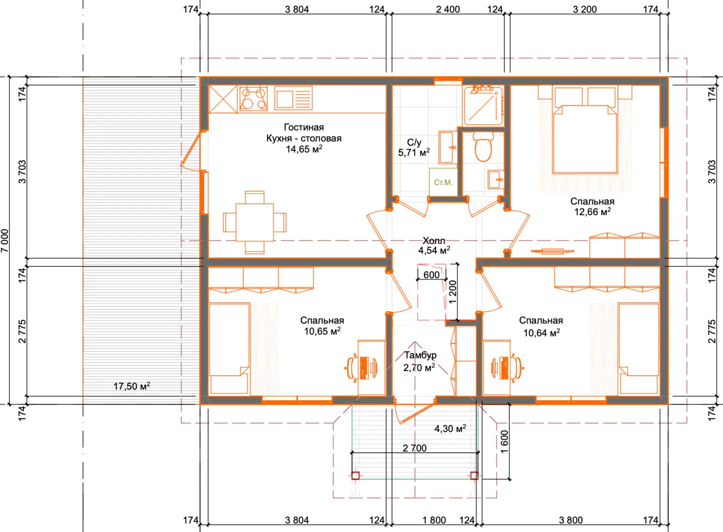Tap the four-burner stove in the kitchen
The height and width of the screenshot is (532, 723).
click(x=253, y=99)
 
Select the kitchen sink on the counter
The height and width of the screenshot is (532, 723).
click(x=293, y=98)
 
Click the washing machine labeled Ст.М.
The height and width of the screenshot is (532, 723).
click(x=443, y=182)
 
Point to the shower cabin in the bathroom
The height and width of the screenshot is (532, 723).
click(x=483, y=106)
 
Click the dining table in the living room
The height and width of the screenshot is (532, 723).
click(x=255, y=222)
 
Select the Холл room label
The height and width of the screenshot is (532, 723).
click(x=434, y=240)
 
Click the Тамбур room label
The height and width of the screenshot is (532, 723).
click(x=420, y=355)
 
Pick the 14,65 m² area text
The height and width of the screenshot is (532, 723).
click(x=304, y=149)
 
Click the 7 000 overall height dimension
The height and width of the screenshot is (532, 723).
click(x=5, y=241)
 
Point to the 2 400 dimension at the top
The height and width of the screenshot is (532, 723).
click(x=448, y=9)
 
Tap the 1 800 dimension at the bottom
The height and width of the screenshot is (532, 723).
click(x=434, y=520)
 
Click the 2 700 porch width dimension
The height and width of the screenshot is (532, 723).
click(x=415, y=448)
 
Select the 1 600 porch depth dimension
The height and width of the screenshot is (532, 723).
click(x=505, y=442)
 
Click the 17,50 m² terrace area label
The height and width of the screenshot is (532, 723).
click(x=132, y=386)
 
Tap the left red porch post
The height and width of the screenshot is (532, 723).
click(x=355, y=475)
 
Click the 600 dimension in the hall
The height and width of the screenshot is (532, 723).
click(x=432, y=275)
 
